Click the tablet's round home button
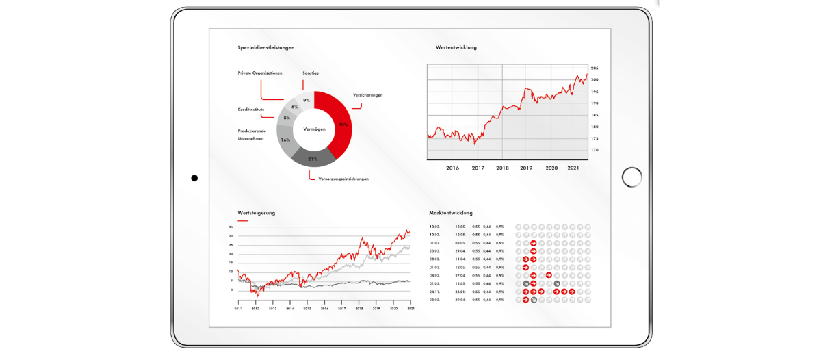click(631, 177)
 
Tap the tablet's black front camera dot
click(194, 178)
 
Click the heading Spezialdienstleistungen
click(266, 47)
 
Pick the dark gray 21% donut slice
click(313, 158)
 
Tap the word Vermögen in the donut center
click(314, 129)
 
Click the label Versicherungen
click(367, 94)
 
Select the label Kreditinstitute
click(251, 109)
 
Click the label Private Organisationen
click(260, 72)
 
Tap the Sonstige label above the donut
click(311, 72)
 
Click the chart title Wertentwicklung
click(456, 47)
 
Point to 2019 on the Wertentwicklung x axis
click(526, 168)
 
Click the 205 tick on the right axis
click(595, 68)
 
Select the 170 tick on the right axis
click(595, 150)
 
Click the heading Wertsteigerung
click(256, 213)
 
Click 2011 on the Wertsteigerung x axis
click(237, 309)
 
